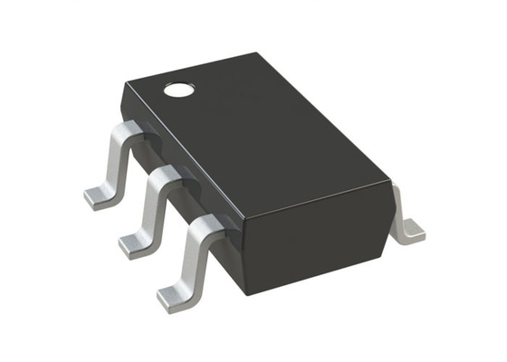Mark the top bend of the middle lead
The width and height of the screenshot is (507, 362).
(166, 175)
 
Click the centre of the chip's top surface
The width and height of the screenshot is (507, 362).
(263, 136)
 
